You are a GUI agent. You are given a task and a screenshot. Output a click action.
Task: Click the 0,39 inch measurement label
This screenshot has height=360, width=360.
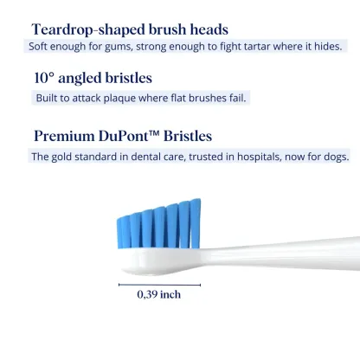[160, 294]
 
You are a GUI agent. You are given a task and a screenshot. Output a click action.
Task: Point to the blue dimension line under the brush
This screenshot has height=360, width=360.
[160, 283]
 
